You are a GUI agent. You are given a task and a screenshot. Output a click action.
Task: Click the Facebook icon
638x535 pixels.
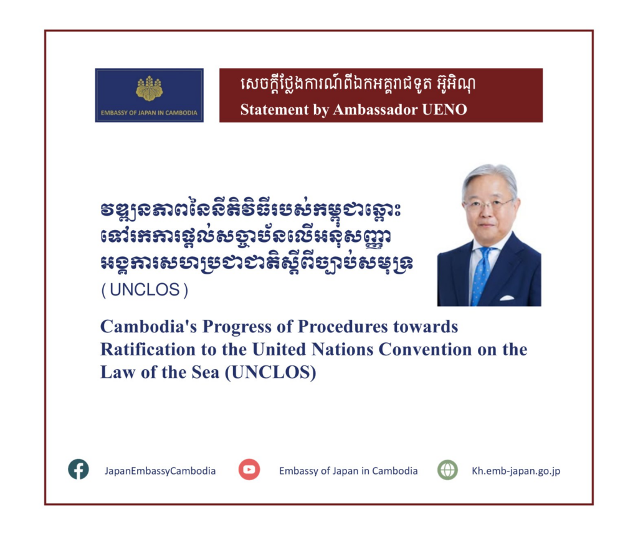pyautogui.click(x=79, y=469)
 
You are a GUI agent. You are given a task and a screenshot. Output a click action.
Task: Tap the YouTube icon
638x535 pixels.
pyautogui.click(x=249, y=470)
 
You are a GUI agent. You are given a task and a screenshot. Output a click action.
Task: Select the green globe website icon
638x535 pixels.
pyautogui.click(x=447, y=470)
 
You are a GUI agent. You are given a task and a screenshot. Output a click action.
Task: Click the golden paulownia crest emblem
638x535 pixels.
pyautogui.click(x=150, y=89)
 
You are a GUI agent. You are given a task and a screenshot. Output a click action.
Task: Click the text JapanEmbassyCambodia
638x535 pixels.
pyautogui.click(x=160, y=471)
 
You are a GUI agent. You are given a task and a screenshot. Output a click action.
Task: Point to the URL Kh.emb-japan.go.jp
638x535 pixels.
pyautogui.click(x=516, y=471)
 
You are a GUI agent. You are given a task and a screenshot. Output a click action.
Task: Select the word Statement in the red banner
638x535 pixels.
pyautogui.click(x=275, y=110)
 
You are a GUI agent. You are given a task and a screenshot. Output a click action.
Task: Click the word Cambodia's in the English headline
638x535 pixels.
pyautogui.click(x=148, y=327)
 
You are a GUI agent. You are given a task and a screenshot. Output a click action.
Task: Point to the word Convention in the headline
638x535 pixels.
pyautogui.click(x=425, y=349)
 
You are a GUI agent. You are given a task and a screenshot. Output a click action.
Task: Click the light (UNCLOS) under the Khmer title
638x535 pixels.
pyautogui.click(x=145, y=290)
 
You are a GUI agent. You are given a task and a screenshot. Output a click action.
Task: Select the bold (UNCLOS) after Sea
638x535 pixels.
pyautogui.click(x=270, y=372)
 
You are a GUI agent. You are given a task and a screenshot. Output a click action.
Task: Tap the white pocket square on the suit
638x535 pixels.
pyautogui.click(x=507, y=297)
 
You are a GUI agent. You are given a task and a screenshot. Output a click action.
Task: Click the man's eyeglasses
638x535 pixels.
pyautogui.click(x=488, y=203)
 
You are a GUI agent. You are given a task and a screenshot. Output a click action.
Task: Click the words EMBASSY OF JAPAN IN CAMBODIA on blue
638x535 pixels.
pyautogui.click(x=149, y=113)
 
